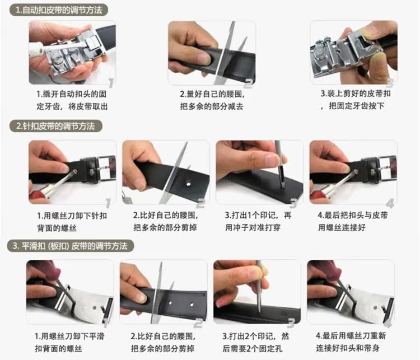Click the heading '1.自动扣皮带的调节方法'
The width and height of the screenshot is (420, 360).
59,10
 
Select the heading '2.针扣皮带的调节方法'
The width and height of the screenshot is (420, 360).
55,126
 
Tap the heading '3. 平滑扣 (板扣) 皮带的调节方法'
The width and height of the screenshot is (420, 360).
70,246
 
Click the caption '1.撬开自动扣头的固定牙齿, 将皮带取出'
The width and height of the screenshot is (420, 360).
72,100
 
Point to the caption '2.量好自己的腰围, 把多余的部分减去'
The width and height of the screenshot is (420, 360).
212,100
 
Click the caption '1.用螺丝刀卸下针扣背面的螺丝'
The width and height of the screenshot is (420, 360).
72,222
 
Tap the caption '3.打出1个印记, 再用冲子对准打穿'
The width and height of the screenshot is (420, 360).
258,221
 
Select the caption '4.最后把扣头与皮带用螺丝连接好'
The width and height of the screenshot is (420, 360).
352,221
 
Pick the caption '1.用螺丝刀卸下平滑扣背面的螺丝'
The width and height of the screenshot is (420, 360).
69,342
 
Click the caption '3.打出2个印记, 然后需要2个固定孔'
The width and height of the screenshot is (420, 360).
255,342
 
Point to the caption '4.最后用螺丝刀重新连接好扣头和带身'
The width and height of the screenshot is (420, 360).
351,342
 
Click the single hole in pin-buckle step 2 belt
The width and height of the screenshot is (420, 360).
189,184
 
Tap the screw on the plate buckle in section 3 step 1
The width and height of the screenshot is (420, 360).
95,307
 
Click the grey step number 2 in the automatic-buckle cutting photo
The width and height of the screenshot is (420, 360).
249,83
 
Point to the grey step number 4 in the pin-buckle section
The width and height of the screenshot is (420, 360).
390,204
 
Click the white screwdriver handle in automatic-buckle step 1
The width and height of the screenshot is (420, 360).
37,50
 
